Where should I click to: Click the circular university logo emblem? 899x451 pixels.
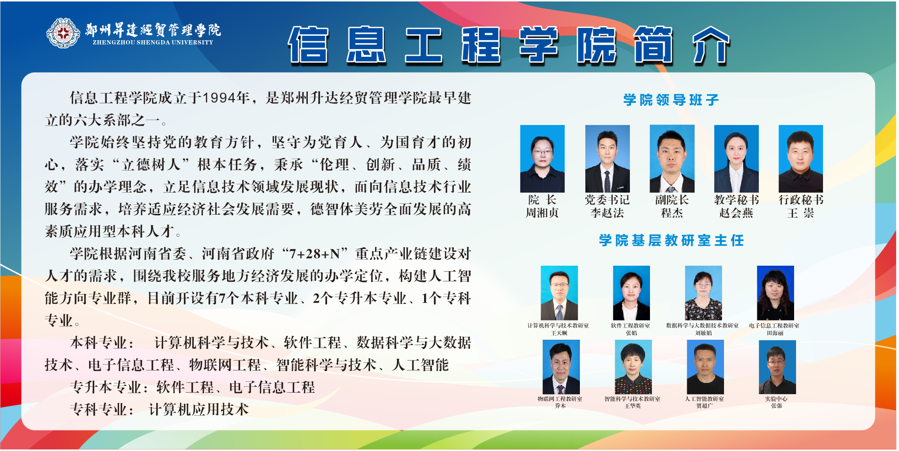[x=63, y=33]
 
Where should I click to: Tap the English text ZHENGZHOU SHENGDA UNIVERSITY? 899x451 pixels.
[x=153, y=43]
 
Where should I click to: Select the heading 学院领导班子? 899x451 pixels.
[x=671, y=100]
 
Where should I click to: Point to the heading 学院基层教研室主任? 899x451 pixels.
[x=672, y=240]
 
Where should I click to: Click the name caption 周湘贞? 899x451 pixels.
[x=542, y=213]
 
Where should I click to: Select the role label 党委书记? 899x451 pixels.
[x=607, y=200]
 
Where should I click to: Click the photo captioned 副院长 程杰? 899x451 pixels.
[x=672, y=159]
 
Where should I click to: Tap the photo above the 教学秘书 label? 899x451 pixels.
[x=736, y=159]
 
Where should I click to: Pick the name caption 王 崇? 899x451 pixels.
[x=800, y=213]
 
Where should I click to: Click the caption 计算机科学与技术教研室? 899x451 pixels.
[x=558, y=326]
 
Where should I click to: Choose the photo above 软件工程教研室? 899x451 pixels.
[x=631, y=293]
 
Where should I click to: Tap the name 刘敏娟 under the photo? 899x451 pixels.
[x=703, y=333]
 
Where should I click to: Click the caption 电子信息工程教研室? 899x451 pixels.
[x=774, y=326]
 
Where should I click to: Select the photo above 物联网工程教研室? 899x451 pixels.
[x=561, y=367]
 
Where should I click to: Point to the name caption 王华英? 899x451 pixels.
[x=632, y=406]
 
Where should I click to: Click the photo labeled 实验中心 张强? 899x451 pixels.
[x=777, y=367]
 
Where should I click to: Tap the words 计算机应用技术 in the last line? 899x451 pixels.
[x=199, y=409]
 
